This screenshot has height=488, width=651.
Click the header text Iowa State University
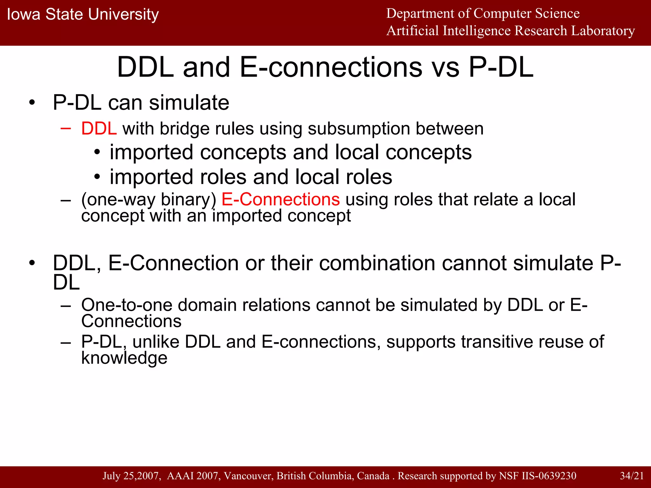(x=83, y=15)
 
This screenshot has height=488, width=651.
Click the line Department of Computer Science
(x=483, y=13)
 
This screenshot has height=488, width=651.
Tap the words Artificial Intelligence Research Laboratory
(x=511, y=31)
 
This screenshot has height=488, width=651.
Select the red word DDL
(x=99, y=129)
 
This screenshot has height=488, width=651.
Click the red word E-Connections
(x=280, y=200)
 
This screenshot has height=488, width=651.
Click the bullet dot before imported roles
(x=97, y=177)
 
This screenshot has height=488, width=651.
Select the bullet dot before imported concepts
(x=97, y=152)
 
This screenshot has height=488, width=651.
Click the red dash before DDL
(x=65, y=128)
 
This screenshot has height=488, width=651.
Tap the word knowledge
(x=124, y=358)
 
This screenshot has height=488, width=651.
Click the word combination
(x=377, y=263)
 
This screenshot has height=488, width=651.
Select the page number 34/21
(x=632, y=476)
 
